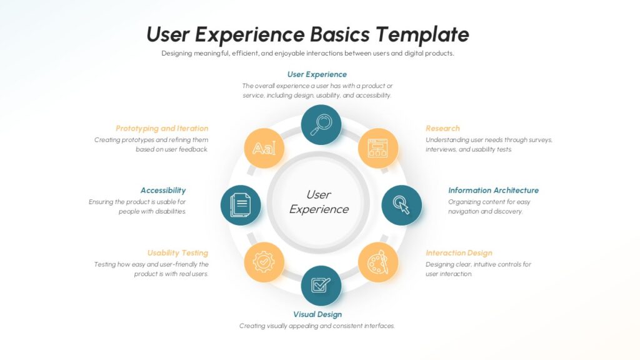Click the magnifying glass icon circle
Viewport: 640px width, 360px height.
coord(321,125)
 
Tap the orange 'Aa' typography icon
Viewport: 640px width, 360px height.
coord(264,148)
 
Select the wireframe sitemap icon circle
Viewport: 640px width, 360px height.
coord(378,148)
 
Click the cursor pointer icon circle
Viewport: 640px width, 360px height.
coord(402,205)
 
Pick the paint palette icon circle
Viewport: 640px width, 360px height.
coord(378,262)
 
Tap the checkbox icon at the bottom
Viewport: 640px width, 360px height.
coord(321,286)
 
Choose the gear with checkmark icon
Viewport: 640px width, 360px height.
coord(264,262)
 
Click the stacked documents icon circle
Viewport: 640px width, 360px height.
coord(241,205)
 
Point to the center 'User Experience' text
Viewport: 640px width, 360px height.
coord(319,202)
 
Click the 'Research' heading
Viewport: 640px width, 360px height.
coord(442,128)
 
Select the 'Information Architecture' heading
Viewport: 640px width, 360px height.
coord(493,190)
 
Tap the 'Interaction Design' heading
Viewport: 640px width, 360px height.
coord(459,253)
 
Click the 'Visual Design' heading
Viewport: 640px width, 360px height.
coord(317,314)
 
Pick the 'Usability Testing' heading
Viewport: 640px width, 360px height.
coord(177,253)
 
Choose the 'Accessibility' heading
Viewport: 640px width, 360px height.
coord(163,191)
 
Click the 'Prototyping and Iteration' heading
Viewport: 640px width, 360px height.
coord(162,129)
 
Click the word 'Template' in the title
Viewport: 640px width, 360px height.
coord(422,34)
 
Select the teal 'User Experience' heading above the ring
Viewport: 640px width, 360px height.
coord(317,74)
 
